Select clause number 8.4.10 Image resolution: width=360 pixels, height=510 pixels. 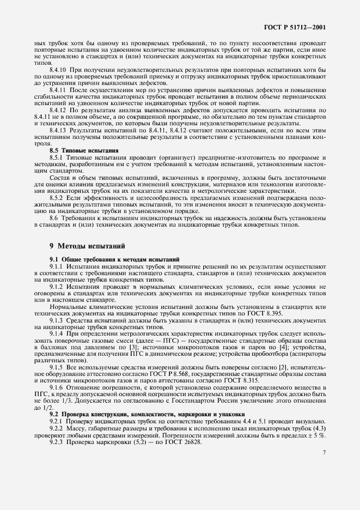click(59, 70)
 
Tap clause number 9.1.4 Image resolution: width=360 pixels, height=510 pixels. click(57, 317)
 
